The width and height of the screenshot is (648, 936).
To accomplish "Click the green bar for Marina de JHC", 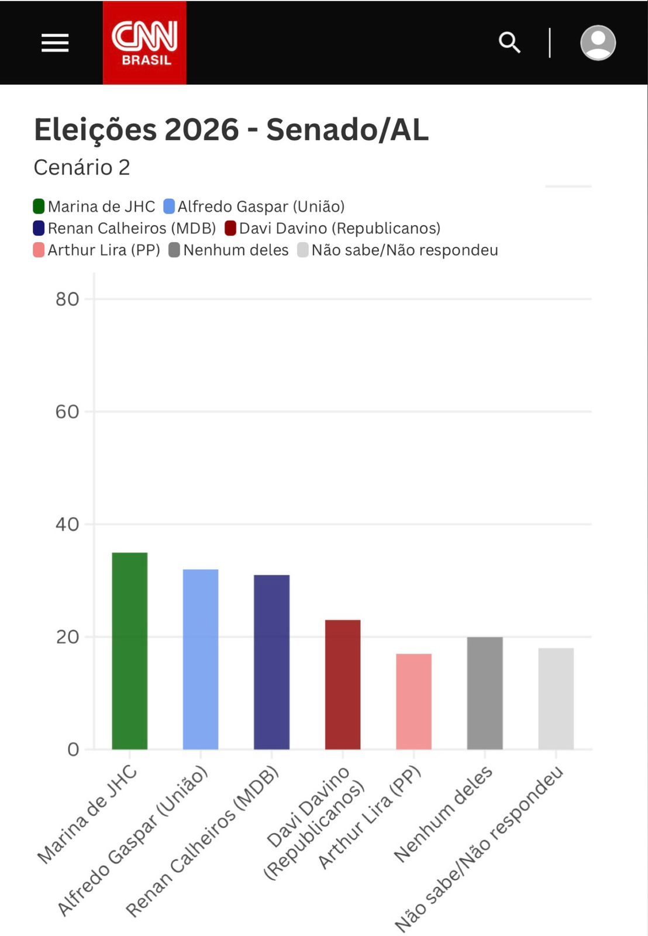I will click(x=129, y=651).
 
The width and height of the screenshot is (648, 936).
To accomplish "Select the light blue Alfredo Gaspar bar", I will click(x=201, y=659).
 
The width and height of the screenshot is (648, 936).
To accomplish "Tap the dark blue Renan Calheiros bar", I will click(x=271, y=662).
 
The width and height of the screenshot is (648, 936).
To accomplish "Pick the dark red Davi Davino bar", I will click(x=343, y=684).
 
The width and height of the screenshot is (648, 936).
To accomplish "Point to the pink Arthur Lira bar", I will click(x=413, y=701).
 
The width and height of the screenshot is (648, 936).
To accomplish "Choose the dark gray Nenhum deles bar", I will click(x=485, y=693).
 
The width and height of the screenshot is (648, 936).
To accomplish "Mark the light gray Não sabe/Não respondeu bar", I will click(x=556, y=698).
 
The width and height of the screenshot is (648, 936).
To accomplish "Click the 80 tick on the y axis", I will click(x=67, y=300).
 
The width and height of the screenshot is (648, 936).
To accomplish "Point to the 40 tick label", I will click(x=67, y=525).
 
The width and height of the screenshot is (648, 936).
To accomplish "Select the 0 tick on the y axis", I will click(x=73, y=749).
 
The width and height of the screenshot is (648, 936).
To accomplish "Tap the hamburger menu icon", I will click(x=55, y=43).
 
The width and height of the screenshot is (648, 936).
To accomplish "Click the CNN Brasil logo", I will click(x=144, y=43).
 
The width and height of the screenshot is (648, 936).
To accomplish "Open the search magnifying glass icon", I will click(x=509, y=43).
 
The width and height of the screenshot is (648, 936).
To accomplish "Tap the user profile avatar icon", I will click(x=598, y=43).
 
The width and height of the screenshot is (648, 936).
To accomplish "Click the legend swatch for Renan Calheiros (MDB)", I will click(x=39, y=228).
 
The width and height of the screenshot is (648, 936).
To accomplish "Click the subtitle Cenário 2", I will click(x=82, y=167).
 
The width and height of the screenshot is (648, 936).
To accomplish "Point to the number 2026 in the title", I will click(x=202, y=129).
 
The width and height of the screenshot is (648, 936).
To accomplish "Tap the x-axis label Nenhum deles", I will click(x=443, y=814).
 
